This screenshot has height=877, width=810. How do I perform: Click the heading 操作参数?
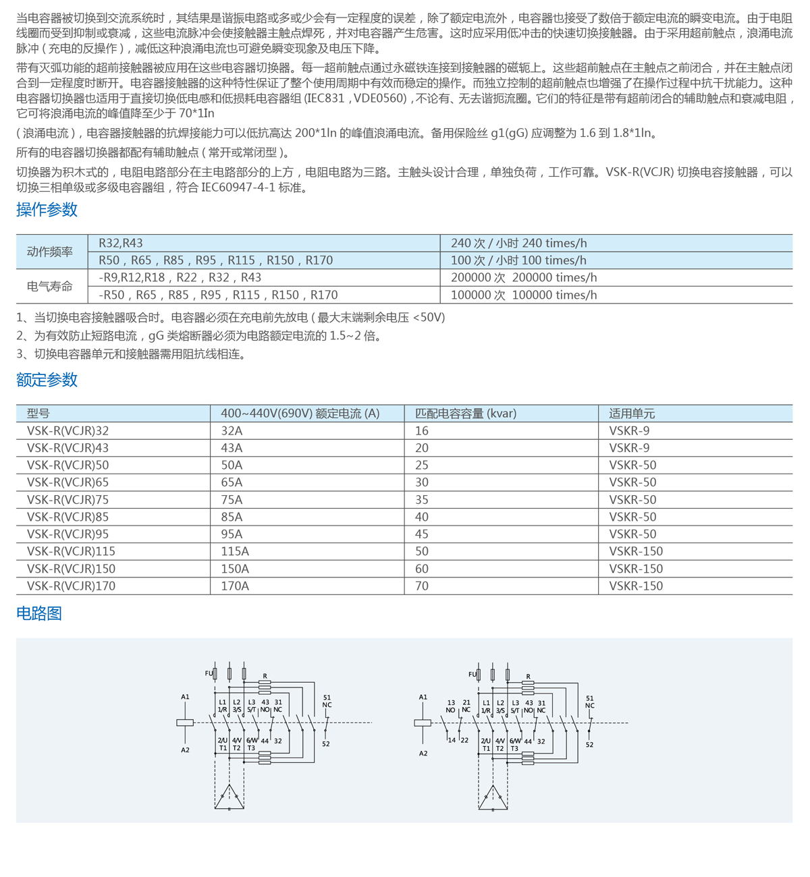(x=47, y=210)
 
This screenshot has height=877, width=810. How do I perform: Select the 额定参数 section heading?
(x=47, y=380)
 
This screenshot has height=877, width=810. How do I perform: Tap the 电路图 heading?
(x=39, y=613)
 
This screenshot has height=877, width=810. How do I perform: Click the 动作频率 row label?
(x=50, y=252)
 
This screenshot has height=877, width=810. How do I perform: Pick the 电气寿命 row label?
(x=50, y=286)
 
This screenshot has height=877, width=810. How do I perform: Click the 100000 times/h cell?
(x=524, y=295)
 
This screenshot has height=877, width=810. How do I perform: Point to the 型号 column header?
(x=38, y=414)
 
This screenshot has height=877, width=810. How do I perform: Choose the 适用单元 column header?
(x=632, y=414)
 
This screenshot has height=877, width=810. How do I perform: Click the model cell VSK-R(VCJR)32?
(x=67, y=431)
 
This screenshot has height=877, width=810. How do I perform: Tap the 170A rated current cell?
(x=235, y=586)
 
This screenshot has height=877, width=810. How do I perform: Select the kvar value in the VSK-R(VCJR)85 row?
(x=422, y=517)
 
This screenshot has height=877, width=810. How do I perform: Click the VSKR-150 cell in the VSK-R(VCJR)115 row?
(x=636, y=551)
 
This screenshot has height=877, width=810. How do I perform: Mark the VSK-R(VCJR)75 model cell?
(x=67, y=500)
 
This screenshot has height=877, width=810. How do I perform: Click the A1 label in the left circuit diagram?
(x=185, y=697)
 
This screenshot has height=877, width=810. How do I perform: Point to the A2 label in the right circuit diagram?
(x=423, y=754)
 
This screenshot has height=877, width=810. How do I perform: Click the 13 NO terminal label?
(x=451, y=706)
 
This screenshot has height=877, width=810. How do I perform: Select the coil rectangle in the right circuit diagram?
(x=423, y=723)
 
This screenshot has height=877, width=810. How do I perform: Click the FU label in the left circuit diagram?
(x=209, y=673)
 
